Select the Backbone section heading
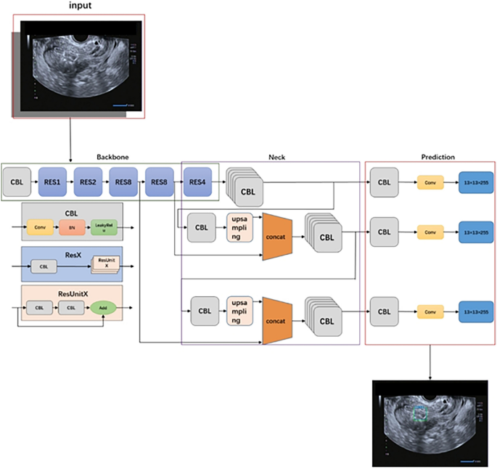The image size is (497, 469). tap(113, 156)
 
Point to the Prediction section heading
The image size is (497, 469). tap(438, 156)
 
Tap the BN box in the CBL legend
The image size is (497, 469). tap(72, 228)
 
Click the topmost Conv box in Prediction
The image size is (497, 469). tap(430, 182)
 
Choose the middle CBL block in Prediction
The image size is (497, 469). tap(385, 232)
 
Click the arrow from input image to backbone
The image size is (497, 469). tap(70, 139)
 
